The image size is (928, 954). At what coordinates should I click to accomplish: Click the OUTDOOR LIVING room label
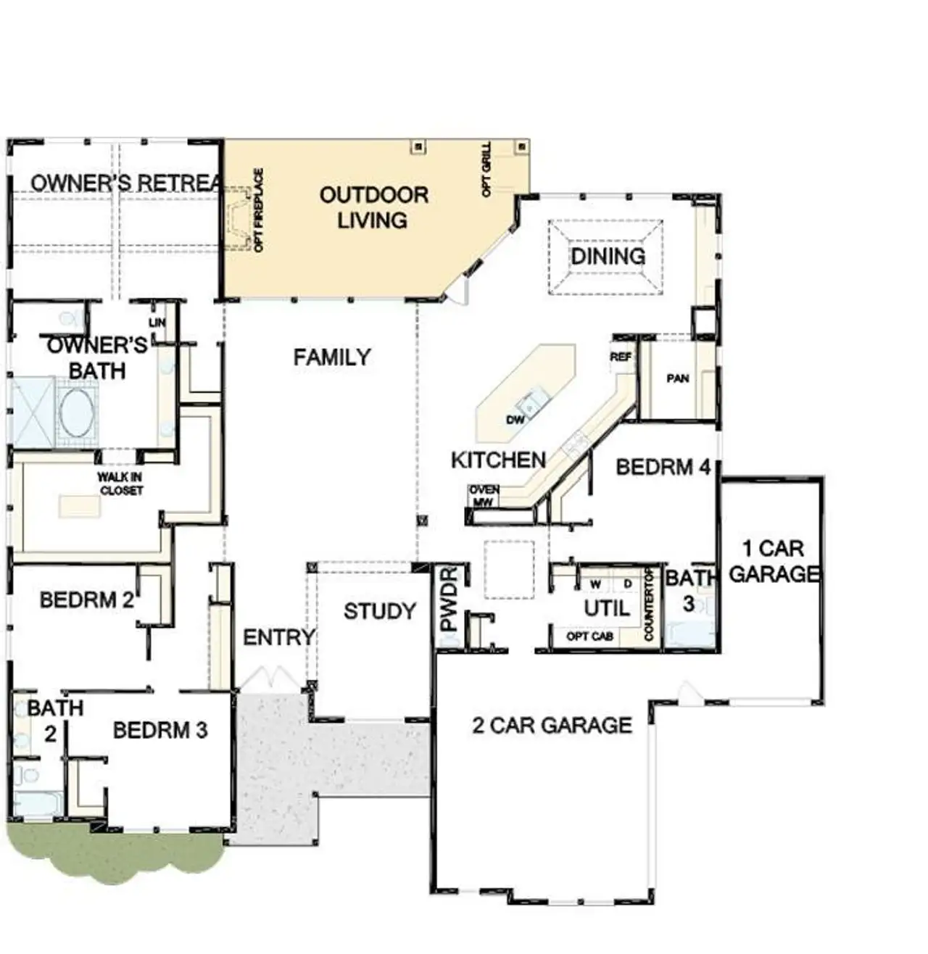pos(373,207)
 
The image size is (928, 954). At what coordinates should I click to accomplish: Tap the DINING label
pos(608,256)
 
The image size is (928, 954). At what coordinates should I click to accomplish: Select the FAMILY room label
pos(332,357)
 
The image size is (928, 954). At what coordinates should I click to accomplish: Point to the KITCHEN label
pos(498,460)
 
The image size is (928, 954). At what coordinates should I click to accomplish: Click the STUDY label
pos(379,611)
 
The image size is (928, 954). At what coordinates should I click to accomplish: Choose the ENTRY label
pos(279,637)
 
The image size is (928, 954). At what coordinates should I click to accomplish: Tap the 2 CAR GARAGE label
pos(552,725)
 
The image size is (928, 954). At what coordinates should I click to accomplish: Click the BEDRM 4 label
pos(663,467)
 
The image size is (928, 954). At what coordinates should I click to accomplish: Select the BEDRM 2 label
pos(87,600)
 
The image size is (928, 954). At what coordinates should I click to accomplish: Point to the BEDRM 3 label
pos(160,730)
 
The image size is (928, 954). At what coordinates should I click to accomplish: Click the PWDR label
pos(449,599)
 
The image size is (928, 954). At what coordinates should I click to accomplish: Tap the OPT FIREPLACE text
pos(259,210)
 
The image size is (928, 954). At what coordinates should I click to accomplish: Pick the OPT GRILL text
pos(486,169)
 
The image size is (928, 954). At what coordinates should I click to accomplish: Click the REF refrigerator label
pos(621,357)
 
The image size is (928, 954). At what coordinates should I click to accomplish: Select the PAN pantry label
pos(678,378)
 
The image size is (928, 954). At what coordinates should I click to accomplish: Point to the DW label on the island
pos(515,420)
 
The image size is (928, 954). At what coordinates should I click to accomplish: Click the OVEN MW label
pos(484,496)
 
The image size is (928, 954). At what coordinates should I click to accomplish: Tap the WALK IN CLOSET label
pos(121,484)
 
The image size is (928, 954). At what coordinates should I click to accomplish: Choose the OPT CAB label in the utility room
pos(590,636)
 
